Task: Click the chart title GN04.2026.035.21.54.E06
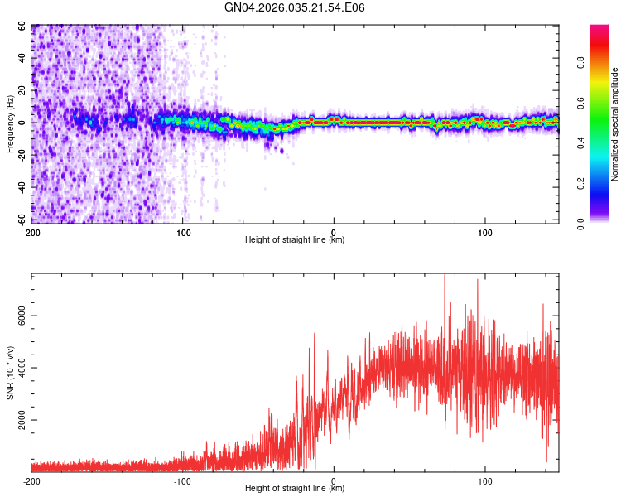tap(295, 7)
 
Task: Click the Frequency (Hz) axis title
tap(10, 124)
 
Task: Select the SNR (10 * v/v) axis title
tap(10, 372)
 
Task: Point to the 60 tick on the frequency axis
tap(22, 27)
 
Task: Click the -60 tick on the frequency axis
tap(20, 220)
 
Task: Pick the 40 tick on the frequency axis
tap(22, 59)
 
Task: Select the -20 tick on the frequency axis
tap(20, 156)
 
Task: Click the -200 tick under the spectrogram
tap(31, 232)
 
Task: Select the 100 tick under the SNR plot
tap(484, 480)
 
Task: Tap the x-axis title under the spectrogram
tap(295, 240)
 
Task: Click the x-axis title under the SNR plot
tap(295, 489)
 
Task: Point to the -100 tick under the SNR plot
tap(182, 480)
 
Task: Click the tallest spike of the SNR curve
tap(445, 276)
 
